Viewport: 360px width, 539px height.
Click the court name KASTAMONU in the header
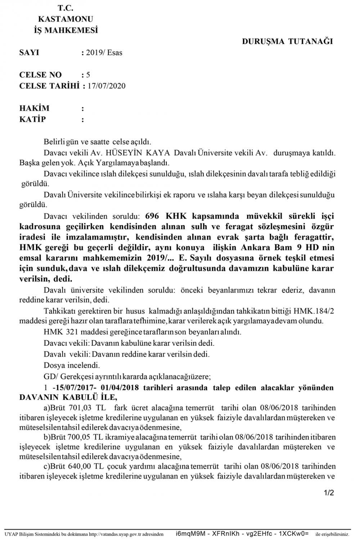[x=66, y=19]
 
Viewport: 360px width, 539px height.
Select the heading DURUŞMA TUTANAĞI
[x=287, y=41]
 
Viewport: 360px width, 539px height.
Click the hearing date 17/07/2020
[x=107, y=86]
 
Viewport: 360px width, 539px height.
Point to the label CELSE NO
[x=40, y=75]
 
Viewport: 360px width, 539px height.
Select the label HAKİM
[x=34, y=108]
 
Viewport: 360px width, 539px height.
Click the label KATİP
[x=32, y=119]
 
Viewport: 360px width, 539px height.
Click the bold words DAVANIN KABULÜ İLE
[x=68, y=397]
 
